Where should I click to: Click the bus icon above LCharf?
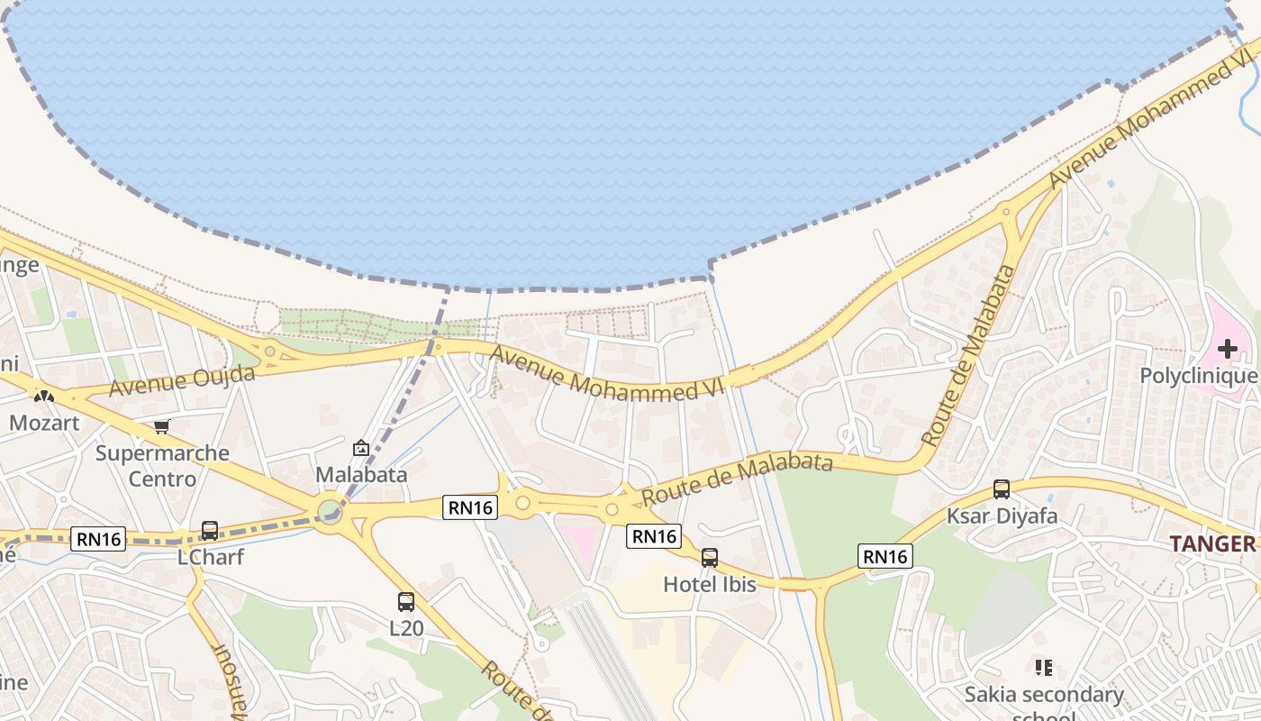pos(210,531)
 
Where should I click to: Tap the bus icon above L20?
pos(406,602)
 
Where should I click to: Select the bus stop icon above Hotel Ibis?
pos(710,558)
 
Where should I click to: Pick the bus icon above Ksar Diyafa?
pos(1002,489)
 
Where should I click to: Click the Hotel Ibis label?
pos(710,584)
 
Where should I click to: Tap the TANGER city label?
pos(1212,543)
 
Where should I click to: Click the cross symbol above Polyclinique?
pos(1228,348)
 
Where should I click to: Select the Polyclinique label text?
pos(1198,376)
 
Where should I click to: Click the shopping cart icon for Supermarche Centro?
pos(161,426)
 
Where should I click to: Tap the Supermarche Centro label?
pos(162,465)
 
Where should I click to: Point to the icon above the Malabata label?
pos(361,447)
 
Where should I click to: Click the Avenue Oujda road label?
pos(183,381)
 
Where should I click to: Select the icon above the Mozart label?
pos(43,395)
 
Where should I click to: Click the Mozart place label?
pos(44,422)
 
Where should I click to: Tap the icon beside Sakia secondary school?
pos(1044,668)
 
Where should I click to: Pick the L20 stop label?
pos(406,628)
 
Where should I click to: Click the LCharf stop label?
pos(210,557)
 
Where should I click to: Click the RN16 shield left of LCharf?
pos(99,539)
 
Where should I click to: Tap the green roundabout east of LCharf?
pos(330,512)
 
